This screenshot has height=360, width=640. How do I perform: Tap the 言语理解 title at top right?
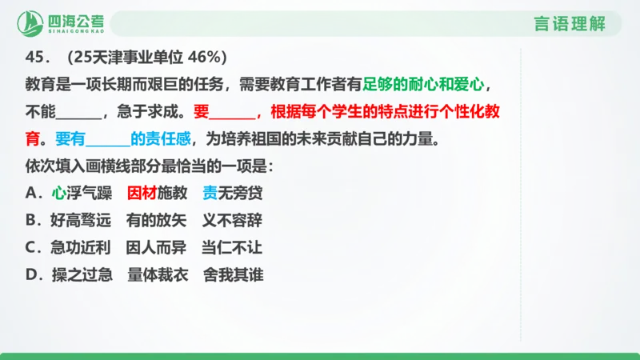570,24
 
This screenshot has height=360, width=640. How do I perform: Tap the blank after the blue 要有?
106,138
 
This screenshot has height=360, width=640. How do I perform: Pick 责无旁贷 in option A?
232,193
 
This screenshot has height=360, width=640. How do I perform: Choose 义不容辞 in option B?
232,220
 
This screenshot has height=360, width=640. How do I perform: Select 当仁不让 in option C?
232,247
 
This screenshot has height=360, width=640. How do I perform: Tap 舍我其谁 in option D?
232,274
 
